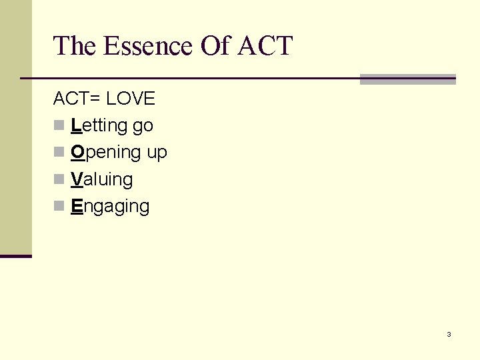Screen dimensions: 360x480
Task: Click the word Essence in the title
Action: coord(147,46)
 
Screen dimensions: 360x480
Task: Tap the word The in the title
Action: coord(75,46)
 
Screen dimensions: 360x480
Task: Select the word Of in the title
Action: coord(213,46)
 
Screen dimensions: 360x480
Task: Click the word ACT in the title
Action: coord(265,46)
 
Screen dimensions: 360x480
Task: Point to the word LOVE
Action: coord(131,99)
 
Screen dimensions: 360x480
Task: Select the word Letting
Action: coord(99,125)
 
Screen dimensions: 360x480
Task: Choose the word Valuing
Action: coord(101,179)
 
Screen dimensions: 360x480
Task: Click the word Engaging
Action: coord(110,207)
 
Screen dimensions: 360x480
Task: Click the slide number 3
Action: coord(449,334)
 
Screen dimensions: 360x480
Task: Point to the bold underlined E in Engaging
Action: coord(76,206)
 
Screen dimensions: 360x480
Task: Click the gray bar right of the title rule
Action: coord(407,79)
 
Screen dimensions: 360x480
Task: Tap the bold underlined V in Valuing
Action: coord(76,179)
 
